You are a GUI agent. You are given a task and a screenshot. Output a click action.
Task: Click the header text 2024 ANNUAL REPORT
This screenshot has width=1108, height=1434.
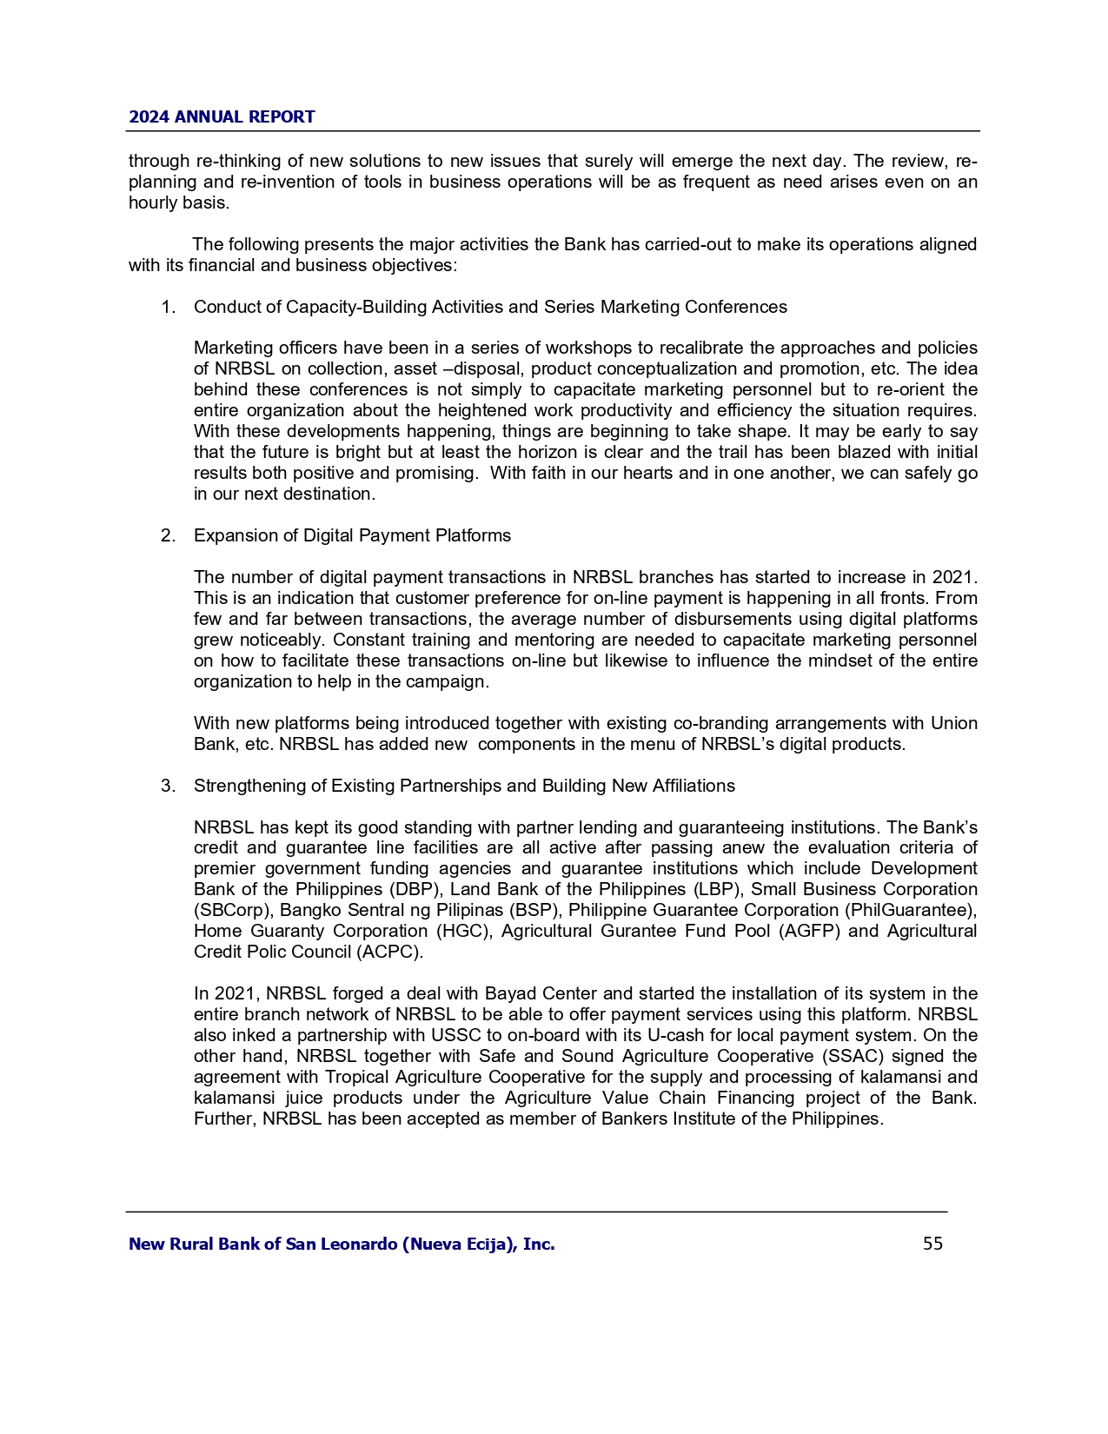(x=222, y=117)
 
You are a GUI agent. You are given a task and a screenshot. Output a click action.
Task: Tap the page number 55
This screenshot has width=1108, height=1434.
(x=932, y=1244)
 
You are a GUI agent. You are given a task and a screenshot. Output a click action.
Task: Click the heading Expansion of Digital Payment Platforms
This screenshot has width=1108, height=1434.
(x=352, y=535)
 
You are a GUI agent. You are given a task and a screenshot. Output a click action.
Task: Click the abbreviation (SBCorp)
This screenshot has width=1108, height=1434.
(x=231, y=910)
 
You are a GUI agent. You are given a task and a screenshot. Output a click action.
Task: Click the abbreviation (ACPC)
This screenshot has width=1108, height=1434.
(x=388, y=952)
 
